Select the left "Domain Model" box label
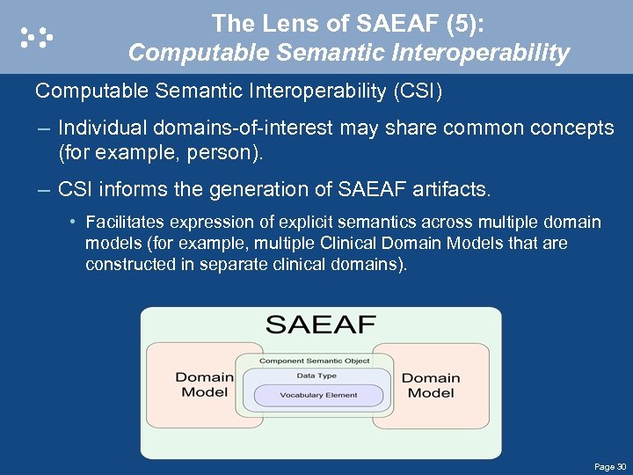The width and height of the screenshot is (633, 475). click(x=204, y=384)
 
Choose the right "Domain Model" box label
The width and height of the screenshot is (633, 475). click(x=431, y=385)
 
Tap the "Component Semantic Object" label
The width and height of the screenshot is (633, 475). click(x=314, y=361)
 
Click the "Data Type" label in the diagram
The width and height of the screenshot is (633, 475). click(x=316, y=376)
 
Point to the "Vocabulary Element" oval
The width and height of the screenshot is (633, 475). click(x=318, y=395)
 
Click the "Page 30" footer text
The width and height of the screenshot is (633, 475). click(x=609, y=465)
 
